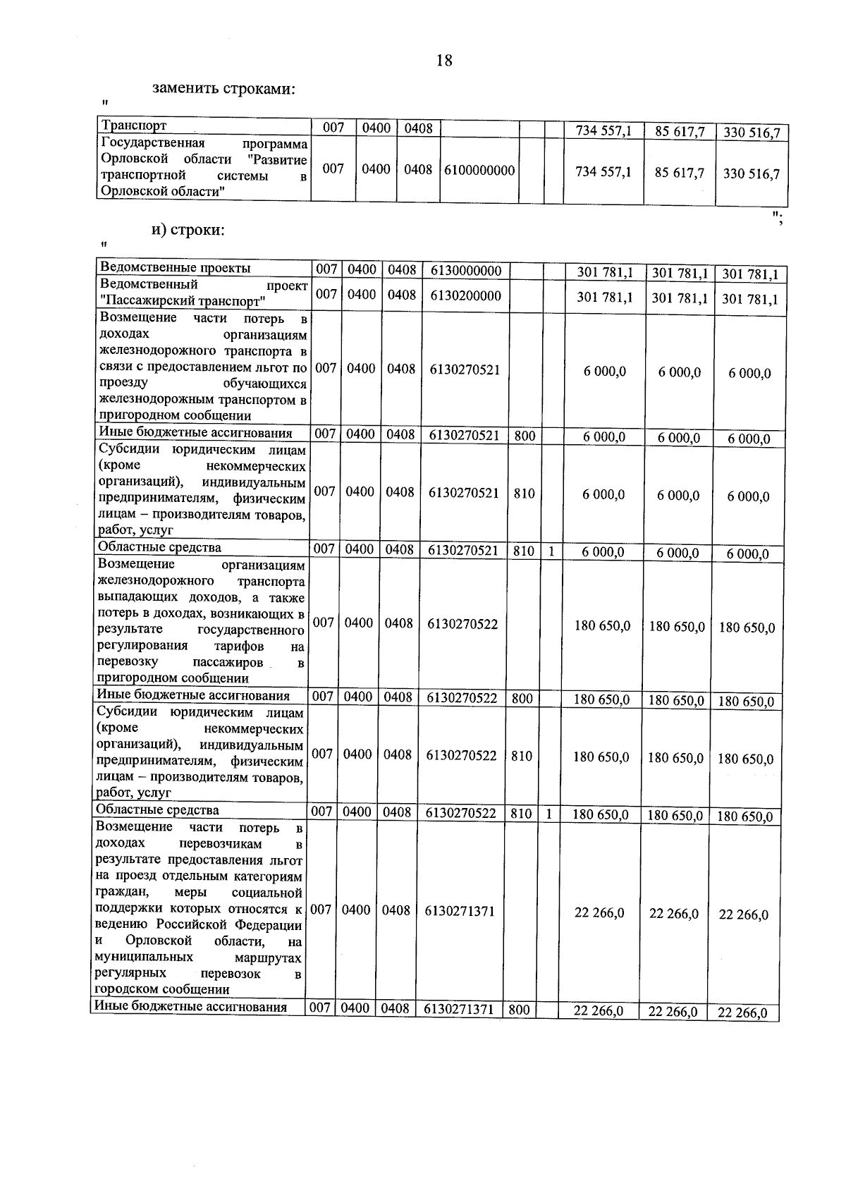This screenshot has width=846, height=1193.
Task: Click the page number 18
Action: [444, 61]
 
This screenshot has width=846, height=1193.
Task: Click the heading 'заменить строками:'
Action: [223, 90]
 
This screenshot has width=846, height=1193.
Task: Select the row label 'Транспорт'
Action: [135, 126]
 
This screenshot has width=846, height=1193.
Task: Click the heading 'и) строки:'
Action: [188, 230]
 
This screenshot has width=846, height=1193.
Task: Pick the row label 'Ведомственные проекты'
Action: [175, 268]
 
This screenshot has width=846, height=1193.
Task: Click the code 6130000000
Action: [465, 271]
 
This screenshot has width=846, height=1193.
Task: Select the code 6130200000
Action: [465, 295]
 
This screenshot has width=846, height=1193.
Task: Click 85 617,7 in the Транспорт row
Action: [680, 131]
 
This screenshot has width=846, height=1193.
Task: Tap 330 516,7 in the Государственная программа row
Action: [752, 174]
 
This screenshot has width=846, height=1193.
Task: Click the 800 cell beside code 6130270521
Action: [525, 436]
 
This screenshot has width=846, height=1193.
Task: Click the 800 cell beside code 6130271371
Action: [519, 1010]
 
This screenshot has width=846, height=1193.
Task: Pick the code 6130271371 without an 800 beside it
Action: [460, 911]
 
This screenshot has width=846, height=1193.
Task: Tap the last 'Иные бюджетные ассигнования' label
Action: [190, 1007]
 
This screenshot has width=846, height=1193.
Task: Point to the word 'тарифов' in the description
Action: [239, 646]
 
